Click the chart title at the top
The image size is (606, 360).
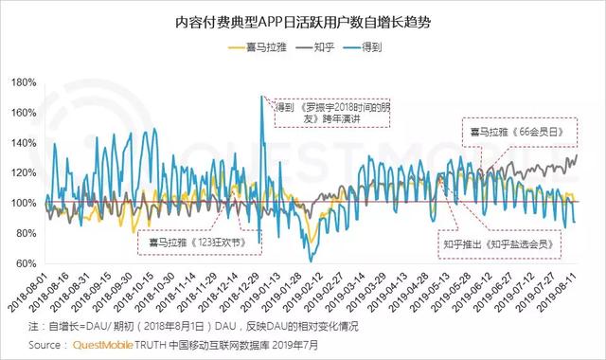coord(304,20)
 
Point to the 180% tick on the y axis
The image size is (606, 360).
coord(23,82)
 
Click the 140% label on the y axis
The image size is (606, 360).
coord(23,142)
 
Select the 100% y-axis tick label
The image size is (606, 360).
coord(23,203)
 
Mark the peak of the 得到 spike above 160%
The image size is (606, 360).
coord(261,85)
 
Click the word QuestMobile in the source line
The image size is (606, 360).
coord(111,345)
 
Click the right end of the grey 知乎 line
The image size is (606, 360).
coord(577,154)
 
